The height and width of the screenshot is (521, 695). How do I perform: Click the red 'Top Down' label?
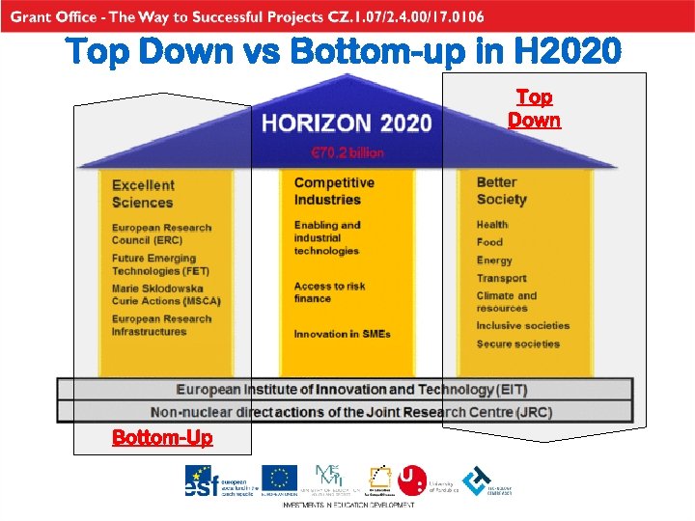coord(534,109)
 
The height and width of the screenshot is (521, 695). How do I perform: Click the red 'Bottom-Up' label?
coord(162,437)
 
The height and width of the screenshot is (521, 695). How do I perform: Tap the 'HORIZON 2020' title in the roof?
coord(347,123)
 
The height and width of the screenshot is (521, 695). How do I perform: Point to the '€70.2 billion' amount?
coord(347,152)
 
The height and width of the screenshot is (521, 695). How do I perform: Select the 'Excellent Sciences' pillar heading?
coord(143,193)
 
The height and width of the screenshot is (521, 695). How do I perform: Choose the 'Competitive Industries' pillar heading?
coord(333,191)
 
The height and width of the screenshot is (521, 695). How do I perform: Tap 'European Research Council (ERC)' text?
coord(160,233)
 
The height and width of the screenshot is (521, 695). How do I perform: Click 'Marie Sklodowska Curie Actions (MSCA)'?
coord(165,294)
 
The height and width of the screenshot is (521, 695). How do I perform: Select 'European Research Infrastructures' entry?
coord(160,325)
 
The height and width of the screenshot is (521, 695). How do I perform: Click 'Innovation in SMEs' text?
coord(342,334)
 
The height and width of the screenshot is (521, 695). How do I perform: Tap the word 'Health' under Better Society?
coord(491,225)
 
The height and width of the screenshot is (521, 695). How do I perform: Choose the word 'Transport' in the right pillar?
coord(501,278)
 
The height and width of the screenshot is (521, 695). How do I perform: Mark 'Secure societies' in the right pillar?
coord(517,343)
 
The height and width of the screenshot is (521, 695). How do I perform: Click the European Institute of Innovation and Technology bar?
coord(351,390)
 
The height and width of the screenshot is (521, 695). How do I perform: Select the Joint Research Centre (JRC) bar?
coord(351,412)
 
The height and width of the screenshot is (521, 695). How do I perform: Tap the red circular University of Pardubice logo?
coord(411,480)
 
